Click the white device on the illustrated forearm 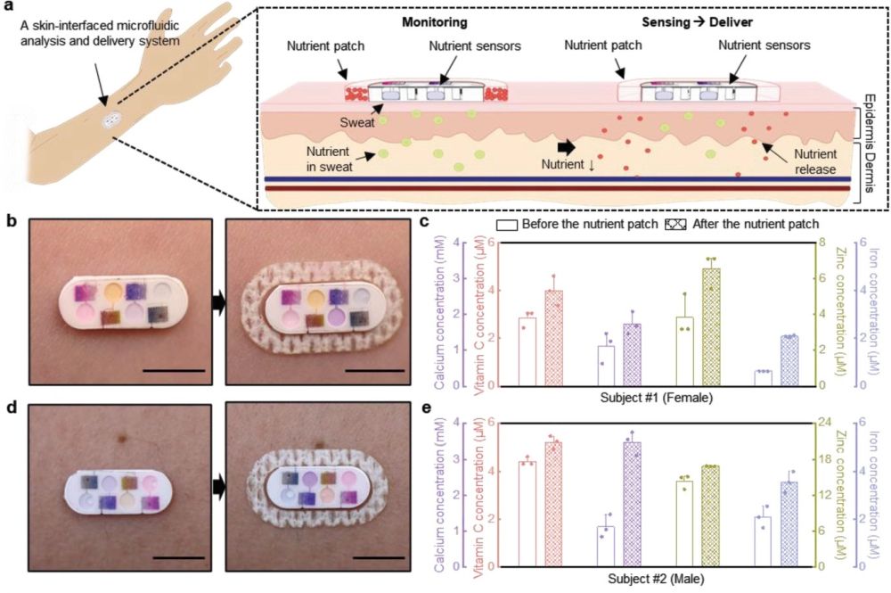(x=113, y=120)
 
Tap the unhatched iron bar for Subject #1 (x=763, y=378)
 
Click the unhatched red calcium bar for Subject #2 (x=527, y=514)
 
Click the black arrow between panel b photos (x=218, y=304)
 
